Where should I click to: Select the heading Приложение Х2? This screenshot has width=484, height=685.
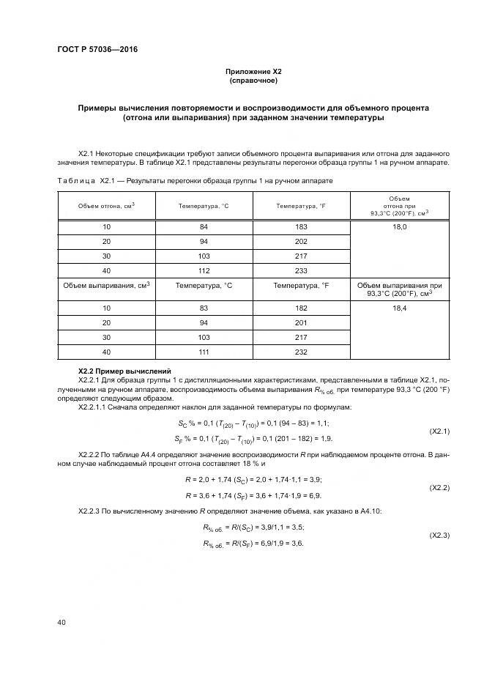253,71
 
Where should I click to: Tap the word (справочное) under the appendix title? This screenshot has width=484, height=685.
253,80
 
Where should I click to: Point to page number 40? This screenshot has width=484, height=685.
62,622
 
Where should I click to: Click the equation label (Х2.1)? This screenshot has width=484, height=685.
439,431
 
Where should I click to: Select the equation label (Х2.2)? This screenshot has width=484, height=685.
439,486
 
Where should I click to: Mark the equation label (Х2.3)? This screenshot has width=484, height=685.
439,535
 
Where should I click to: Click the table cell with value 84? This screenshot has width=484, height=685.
204,227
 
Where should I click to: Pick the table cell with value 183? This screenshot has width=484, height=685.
301,227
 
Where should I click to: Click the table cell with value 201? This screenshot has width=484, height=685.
301,324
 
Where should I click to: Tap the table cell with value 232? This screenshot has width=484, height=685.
301,352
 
